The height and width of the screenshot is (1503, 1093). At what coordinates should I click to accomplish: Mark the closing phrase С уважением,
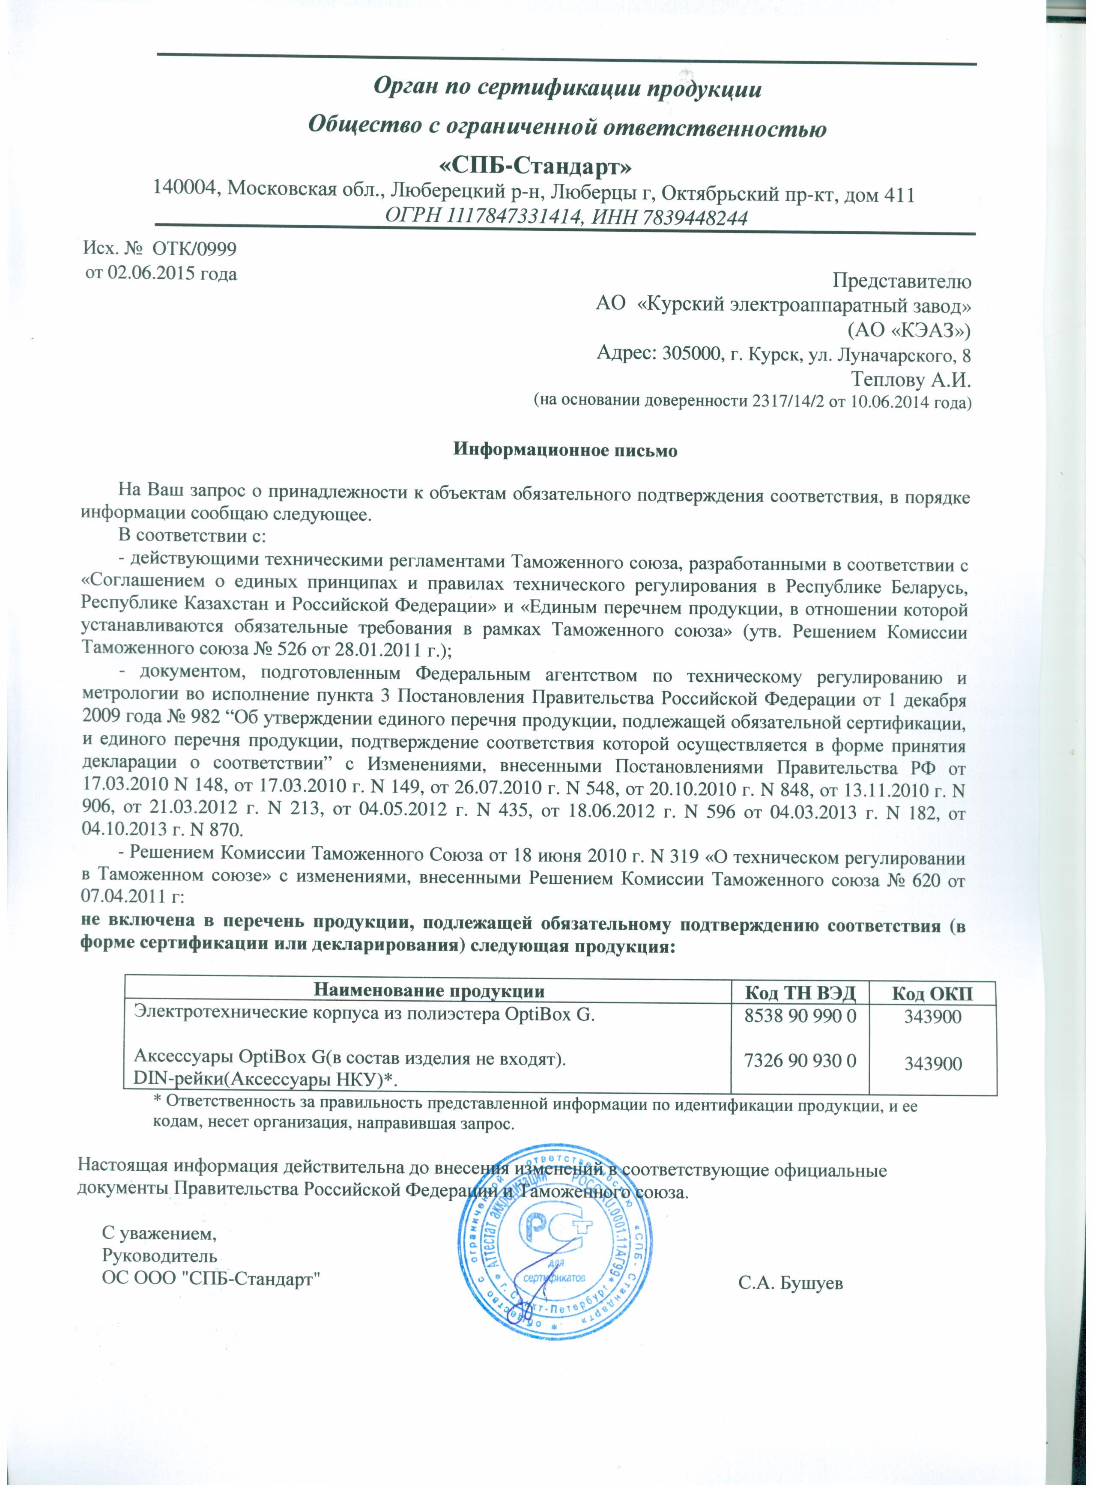[x=158, y=1234]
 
